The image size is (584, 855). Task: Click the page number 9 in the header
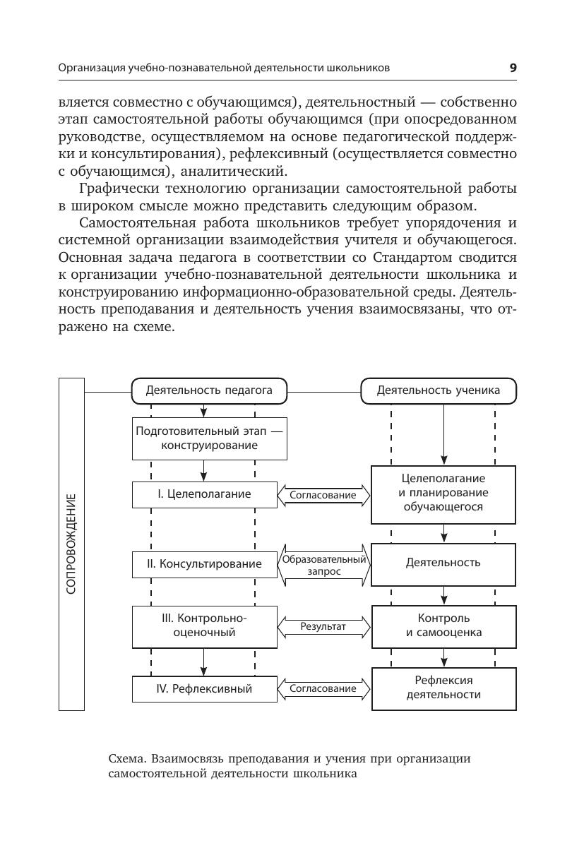pos(513,68)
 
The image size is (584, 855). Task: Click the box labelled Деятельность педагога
pos(209,390)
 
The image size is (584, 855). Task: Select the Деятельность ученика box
pos(438,390)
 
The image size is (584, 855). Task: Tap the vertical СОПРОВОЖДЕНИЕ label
pos(71,544)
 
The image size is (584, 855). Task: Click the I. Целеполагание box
pos(204,494)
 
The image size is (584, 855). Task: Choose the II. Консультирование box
pos(204,563)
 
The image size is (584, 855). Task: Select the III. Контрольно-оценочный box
pos(204,625)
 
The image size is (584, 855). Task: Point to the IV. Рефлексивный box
pos(204,688)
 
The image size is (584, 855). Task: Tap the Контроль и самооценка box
pos(443,625)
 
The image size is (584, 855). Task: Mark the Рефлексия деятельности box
pos(443,687)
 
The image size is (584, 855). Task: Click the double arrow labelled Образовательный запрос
pos(324,565)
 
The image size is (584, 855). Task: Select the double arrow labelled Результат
pos(324,626)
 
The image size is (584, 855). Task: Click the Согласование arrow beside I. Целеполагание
pos(324,495)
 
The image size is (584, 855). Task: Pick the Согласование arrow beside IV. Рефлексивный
pos(324,688)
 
